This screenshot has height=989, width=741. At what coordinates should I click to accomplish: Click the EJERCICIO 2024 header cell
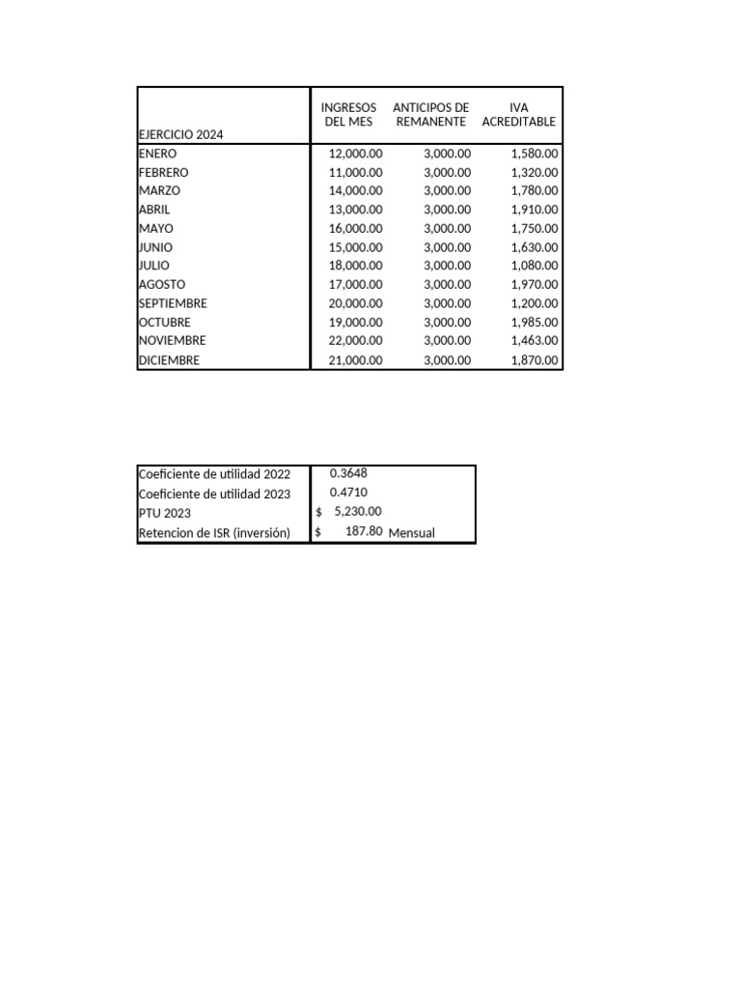[180, 135]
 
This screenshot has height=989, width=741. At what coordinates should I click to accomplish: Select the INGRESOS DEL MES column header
[348, 115]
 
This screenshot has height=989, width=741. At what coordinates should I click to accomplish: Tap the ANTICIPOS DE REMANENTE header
[430, 115]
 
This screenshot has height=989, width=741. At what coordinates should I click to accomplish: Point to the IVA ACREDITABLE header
[519, 115]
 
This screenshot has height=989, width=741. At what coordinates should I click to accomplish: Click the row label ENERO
[158, 154]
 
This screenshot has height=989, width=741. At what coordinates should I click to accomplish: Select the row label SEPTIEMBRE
[173, 303]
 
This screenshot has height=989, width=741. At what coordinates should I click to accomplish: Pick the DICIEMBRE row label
[170, 360]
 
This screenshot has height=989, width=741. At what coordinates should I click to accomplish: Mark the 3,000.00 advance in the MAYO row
[448, 229]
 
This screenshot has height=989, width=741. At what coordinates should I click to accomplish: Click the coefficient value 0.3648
[348, 473]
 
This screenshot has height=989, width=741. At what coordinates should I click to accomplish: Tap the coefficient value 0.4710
[348, 493]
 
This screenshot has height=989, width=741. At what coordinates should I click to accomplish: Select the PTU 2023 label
[165, 513]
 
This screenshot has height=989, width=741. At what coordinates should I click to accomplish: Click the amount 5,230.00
[357, 512]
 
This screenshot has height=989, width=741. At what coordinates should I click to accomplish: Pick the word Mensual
[412, 532]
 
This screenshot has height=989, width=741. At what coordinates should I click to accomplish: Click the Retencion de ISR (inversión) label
[214, 533]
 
